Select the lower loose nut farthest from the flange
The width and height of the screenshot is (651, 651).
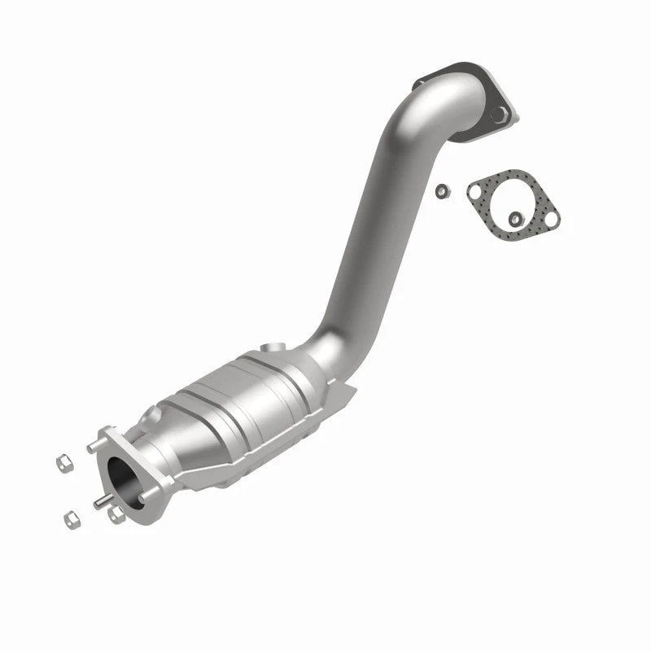point(70,518)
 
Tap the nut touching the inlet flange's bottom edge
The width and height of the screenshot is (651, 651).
point(116,514)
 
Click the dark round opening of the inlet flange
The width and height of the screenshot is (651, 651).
point(124,476)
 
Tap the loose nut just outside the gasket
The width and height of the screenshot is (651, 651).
point(441,191)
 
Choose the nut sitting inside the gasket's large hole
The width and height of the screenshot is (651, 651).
point(515,217)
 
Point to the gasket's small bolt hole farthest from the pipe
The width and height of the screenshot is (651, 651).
point(551,220)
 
